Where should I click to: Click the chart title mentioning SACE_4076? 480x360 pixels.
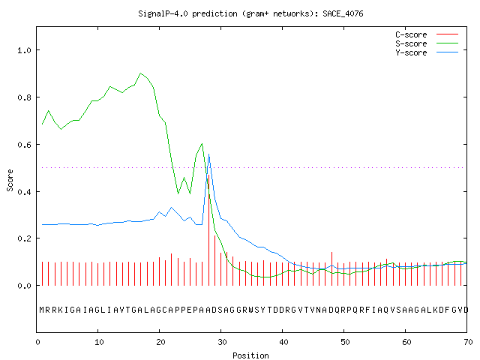coord(250,13)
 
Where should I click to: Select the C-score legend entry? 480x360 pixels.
coord(427,34)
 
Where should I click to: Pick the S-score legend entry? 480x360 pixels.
coord(427,43)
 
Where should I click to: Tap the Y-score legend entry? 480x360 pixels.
coord(427,52)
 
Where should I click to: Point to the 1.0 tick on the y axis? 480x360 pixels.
coord(25,50)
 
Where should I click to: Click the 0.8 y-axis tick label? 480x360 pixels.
coord(25,97)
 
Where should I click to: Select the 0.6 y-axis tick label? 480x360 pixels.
coord(25,145)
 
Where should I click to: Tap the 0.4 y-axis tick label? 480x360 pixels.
coord(25,192)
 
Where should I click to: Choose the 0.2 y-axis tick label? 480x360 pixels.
coord(25,238)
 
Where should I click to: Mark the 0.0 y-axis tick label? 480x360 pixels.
coord(25,286)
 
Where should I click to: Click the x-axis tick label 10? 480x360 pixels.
coord(99,342)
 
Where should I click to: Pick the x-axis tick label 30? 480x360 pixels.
coord(222,342)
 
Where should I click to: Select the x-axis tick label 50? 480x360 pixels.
coord(345,342)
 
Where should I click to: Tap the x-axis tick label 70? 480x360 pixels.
coord(468,342)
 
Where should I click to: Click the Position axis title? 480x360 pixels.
coord(250,355)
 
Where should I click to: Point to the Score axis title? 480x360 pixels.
coord(10,180)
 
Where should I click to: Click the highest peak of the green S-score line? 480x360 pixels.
coord(140,73)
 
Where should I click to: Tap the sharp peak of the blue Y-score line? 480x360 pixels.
coord(208,154)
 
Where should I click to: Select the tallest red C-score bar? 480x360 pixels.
coord(208,230)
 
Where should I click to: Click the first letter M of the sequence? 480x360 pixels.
coord(42,310)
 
